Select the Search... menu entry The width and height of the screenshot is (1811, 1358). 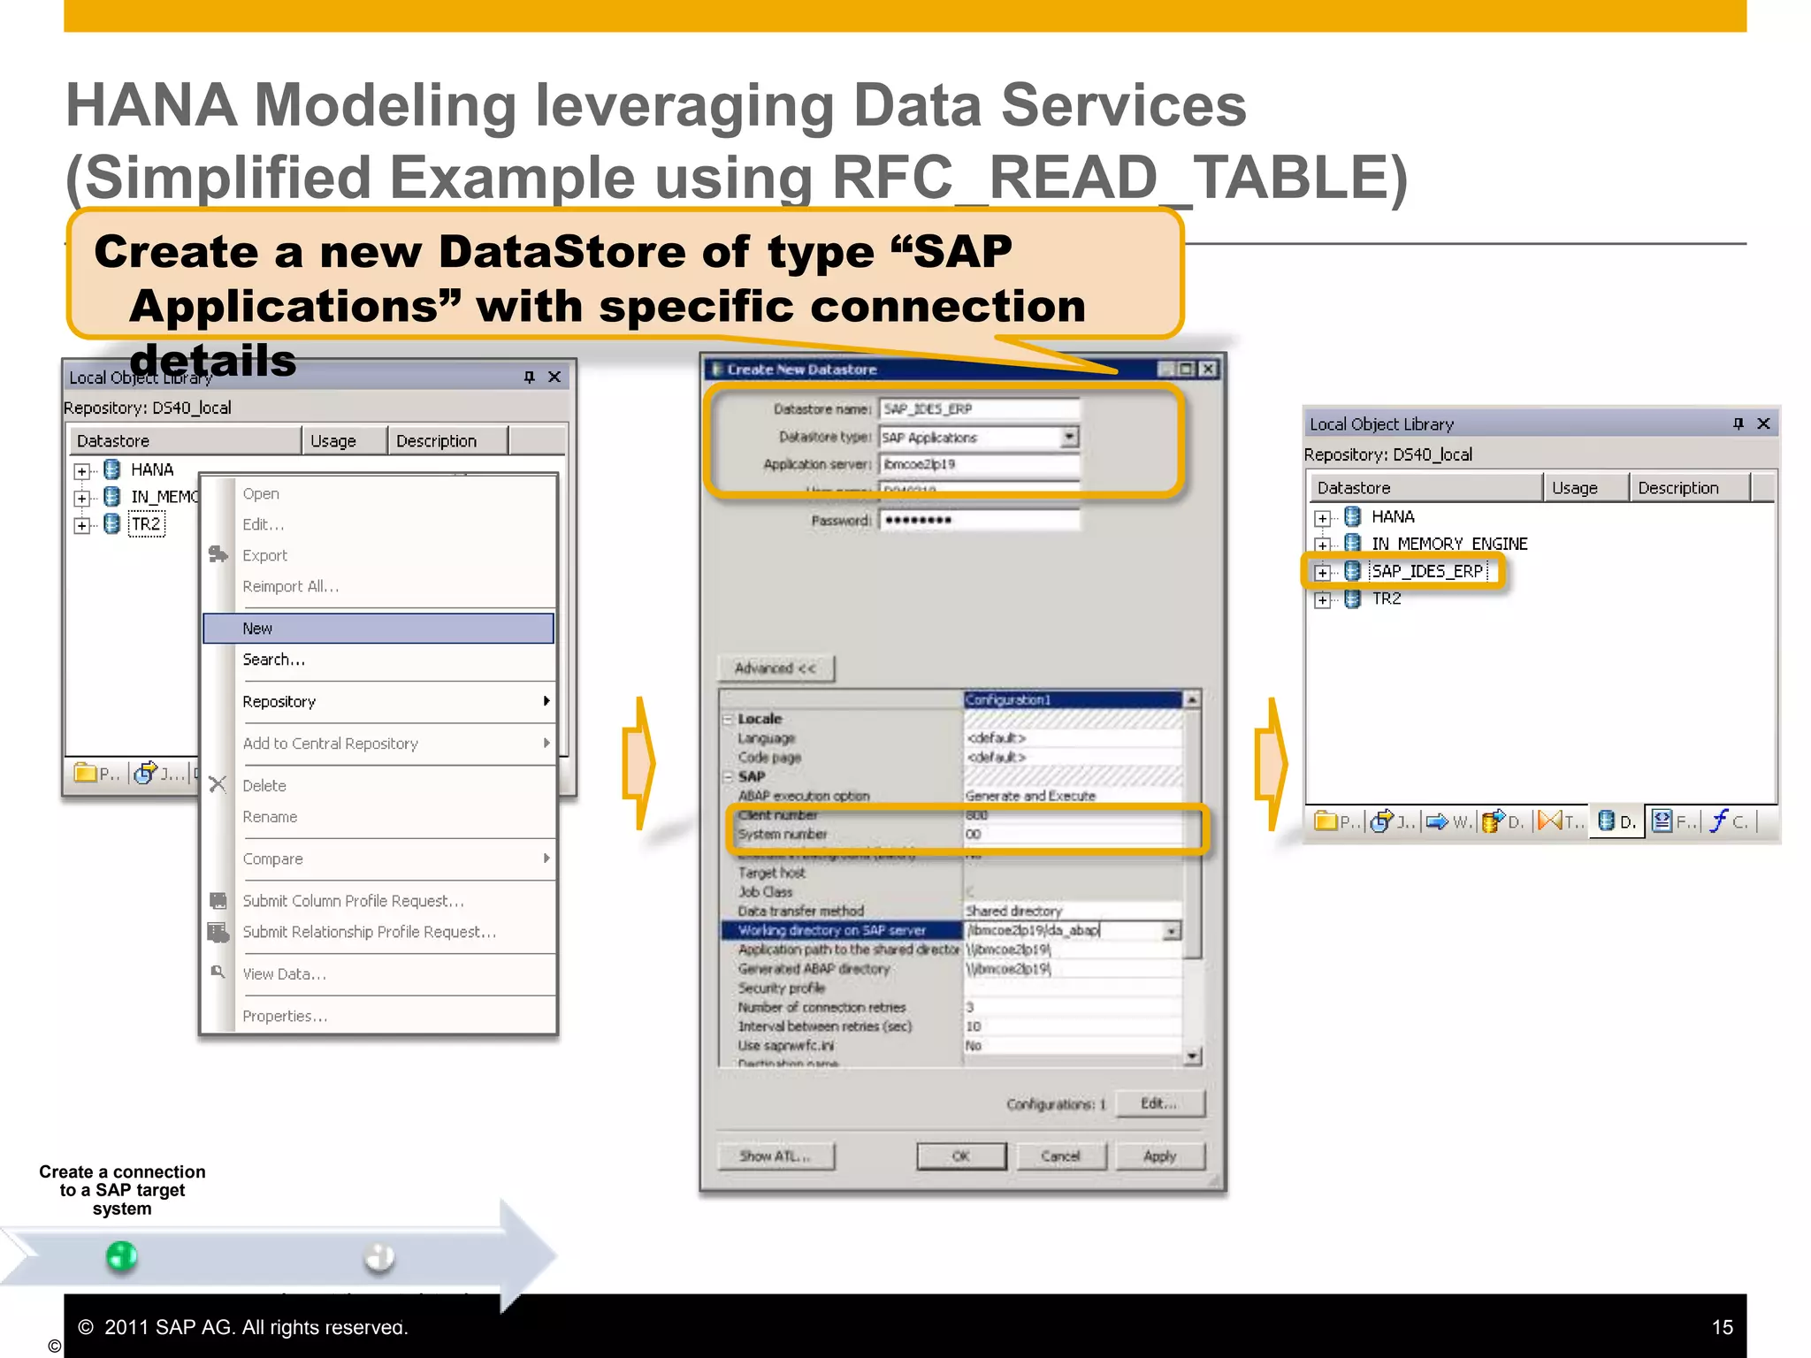click(274, 660)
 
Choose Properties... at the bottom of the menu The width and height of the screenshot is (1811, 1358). click(285, 1017)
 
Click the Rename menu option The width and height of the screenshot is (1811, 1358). click(270, 817)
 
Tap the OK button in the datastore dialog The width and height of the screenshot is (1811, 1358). click(961, 1156)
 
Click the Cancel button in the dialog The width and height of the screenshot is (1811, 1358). click(1060, 1156)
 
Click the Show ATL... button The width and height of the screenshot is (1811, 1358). click(775, 1156)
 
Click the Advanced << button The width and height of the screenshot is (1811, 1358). click(776, 668)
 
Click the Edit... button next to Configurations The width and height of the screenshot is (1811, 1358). click(1158, 1103)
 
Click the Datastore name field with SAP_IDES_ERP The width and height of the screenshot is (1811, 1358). click(978, 409)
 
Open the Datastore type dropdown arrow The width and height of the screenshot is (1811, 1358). click(1069, 437)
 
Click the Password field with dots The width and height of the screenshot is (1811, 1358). click(978, 520)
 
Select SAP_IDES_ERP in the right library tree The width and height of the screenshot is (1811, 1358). click(1426, 571)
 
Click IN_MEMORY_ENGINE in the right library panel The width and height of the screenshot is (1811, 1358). click(1448, 544)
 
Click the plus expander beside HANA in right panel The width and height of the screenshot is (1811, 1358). click(1322, 518)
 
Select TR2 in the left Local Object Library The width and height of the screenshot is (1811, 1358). click(146, 524)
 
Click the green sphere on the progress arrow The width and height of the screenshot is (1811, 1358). click(121, 1256)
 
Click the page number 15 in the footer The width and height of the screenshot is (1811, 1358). click(1722, 1327)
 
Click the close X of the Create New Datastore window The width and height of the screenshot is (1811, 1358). click(1207, 370)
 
